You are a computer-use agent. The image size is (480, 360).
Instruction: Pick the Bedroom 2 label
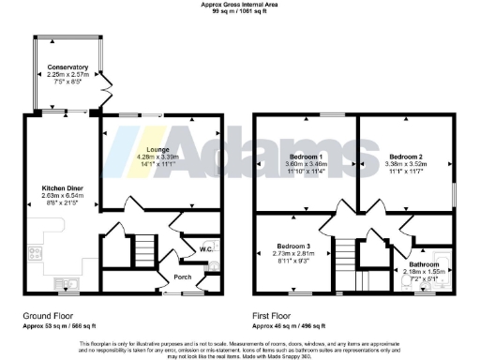pos(408,156)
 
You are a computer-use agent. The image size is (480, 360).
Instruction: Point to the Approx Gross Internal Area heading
pos(239,4)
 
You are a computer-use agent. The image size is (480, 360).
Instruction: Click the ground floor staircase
pos(144,250)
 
